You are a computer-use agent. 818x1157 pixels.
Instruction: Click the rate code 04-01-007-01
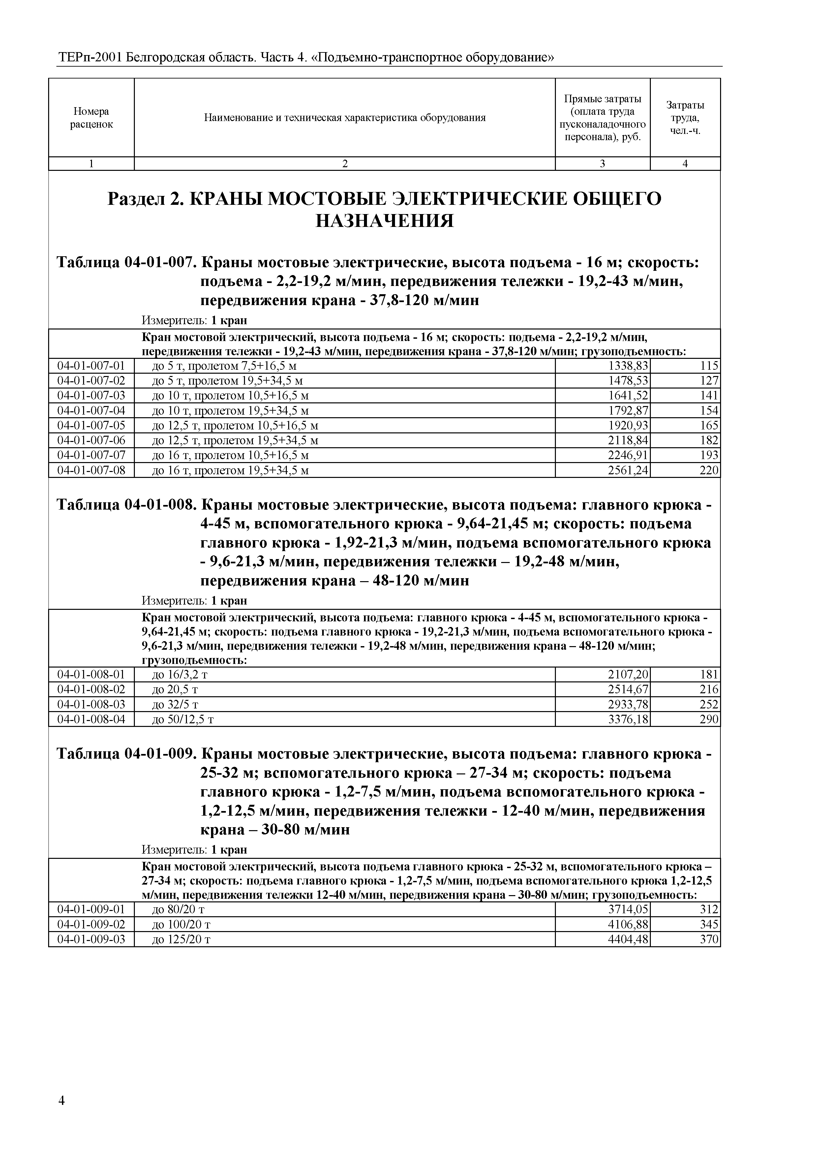click(91, 366)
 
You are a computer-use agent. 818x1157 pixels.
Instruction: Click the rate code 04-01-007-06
click(91, 440)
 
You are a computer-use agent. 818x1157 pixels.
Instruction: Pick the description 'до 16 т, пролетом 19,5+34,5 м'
click(230, 471)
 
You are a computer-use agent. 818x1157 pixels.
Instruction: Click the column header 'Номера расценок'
click(91, 117)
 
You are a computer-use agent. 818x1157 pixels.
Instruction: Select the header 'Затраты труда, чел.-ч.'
click(685, 117)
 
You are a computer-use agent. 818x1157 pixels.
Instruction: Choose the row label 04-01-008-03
click(91, 704)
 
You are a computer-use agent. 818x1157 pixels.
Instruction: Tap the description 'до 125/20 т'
click(181, 939)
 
